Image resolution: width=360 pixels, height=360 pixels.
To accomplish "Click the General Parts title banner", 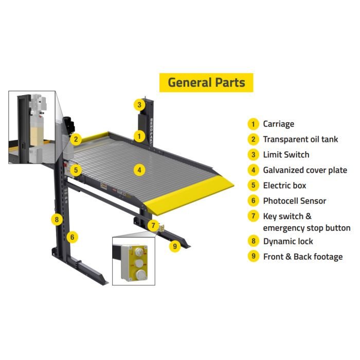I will click(206, 82).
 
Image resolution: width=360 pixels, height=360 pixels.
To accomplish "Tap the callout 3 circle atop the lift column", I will click(139, 105).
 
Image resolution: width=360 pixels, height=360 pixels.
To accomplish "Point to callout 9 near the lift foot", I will click(175, 246).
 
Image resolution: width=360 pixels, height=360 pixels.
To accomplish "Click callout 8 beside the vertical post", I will click(56, 220).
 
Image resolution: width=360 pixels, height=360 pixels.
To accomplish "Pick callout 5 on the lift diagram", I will click(76, 169).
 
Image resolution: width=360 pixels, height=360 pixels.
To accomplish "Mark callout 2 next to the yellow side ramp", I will click(76, 138).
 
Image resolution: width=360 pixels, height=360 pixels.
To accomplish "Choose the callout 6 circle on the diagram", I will click(73, 237).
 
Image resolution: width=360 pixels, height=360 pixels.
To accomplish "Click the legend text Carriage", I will click(278, 124).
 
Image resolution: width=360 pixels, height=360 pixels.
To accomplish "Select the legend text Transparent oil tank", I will click(300, 139).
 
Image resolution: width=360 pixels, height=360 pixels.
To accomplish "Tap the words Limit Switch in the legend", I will click(286, 155).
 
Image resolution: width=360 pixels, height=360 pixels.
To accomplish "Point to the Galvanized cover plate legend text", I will click(305, 170).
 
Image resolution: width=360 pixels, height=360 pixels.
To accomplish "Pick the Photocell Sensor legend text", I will click(294, 201).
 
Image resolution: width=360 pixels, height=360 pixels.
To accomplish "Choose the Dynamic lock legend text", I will click(288, 241).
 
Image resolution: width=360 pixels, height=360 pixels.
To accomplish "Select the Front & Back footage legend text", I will click(303, 257).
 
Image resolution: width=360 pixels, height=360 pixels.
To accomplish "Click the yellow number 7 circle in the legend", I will click(253, 217).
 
